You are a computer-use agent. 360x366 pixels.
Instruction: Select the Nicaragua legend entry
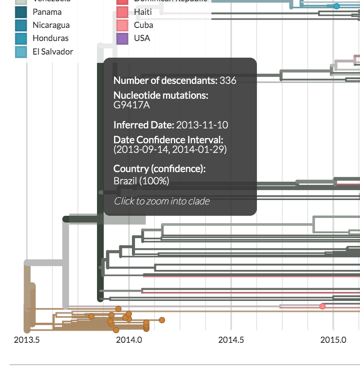coord(51,25)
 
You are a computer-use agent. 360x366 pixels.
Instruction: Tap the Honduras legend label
coord(50,38)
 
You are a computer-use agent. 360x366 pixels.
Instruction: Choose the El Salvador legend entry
coord(52,52)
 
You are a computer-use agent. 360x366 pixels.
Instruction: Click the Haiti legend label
coord(143,12)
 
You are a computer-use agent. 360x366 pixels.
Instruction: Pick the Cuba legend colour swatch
coord(123,25)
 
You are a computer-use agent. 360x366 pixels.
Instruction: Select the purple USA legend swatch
coord(123,38)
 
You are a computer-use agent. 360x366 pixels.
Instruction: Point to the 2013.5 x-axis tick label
coord(27,340)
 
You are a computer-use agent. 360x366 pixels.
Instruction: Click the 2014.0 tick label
coord(128,340)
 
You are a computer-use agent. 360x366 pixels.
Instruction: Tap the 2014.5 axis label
coord(231,340)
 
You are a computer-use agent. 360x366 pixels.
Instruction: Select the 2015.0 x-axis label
coord(333,340)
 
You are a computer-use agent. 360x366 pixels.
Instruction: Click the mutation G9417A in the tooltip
coord(132,105)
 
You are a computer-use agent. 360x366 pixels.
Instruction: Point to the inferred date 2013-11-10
coord(202,125)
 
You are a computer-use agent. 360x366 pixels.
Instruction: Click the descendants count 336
coord(228,80)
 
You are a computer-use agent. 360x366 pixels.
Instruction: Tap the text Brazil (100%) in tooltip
coord(141,181)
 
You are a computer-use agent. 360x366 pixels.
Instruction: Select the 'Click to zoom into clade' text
coord(162,201)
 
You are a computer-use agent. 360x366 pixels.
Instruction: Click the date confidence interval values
coord(170,149)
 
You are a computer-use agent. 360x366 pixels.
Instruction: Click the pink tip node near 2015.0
coord(322,306)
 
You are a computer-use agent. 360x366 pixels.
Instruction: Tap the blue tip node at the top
coord(336,6)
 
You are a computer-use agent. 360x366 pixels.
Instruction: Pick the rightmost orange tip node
coord(162,320)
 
